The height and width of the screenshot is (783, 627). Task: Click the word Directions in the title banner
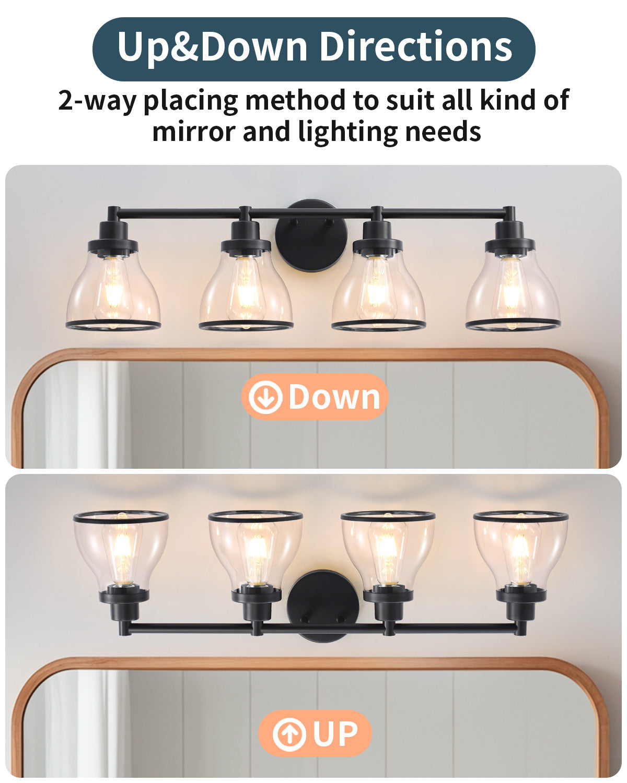pyautogui.click(x=416, y=47)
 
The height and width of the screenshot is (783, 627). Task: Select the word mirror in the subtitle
pyautogui.click(x=193, y=132)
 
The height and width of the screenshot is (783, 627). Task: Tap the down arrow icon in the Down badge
pyautogui.click(x=265, y=397)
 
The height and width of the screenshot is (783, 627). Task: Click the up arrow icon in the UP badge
pyautogui.click(x=289, y=734)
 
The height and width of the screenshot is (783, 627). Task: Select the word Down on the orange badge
pyautogui.click(x=334, y=397)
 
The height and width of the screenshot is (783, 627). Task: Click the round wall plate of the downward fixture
pyautogui.click(x=311, y=236)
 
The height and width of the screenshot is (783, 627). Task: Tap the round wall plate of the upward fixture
pyautogui.click(x=323, y=606)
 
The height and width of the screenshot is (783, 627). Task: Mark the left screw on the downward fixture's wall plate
pyautogui.click(x=292, y=221)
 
